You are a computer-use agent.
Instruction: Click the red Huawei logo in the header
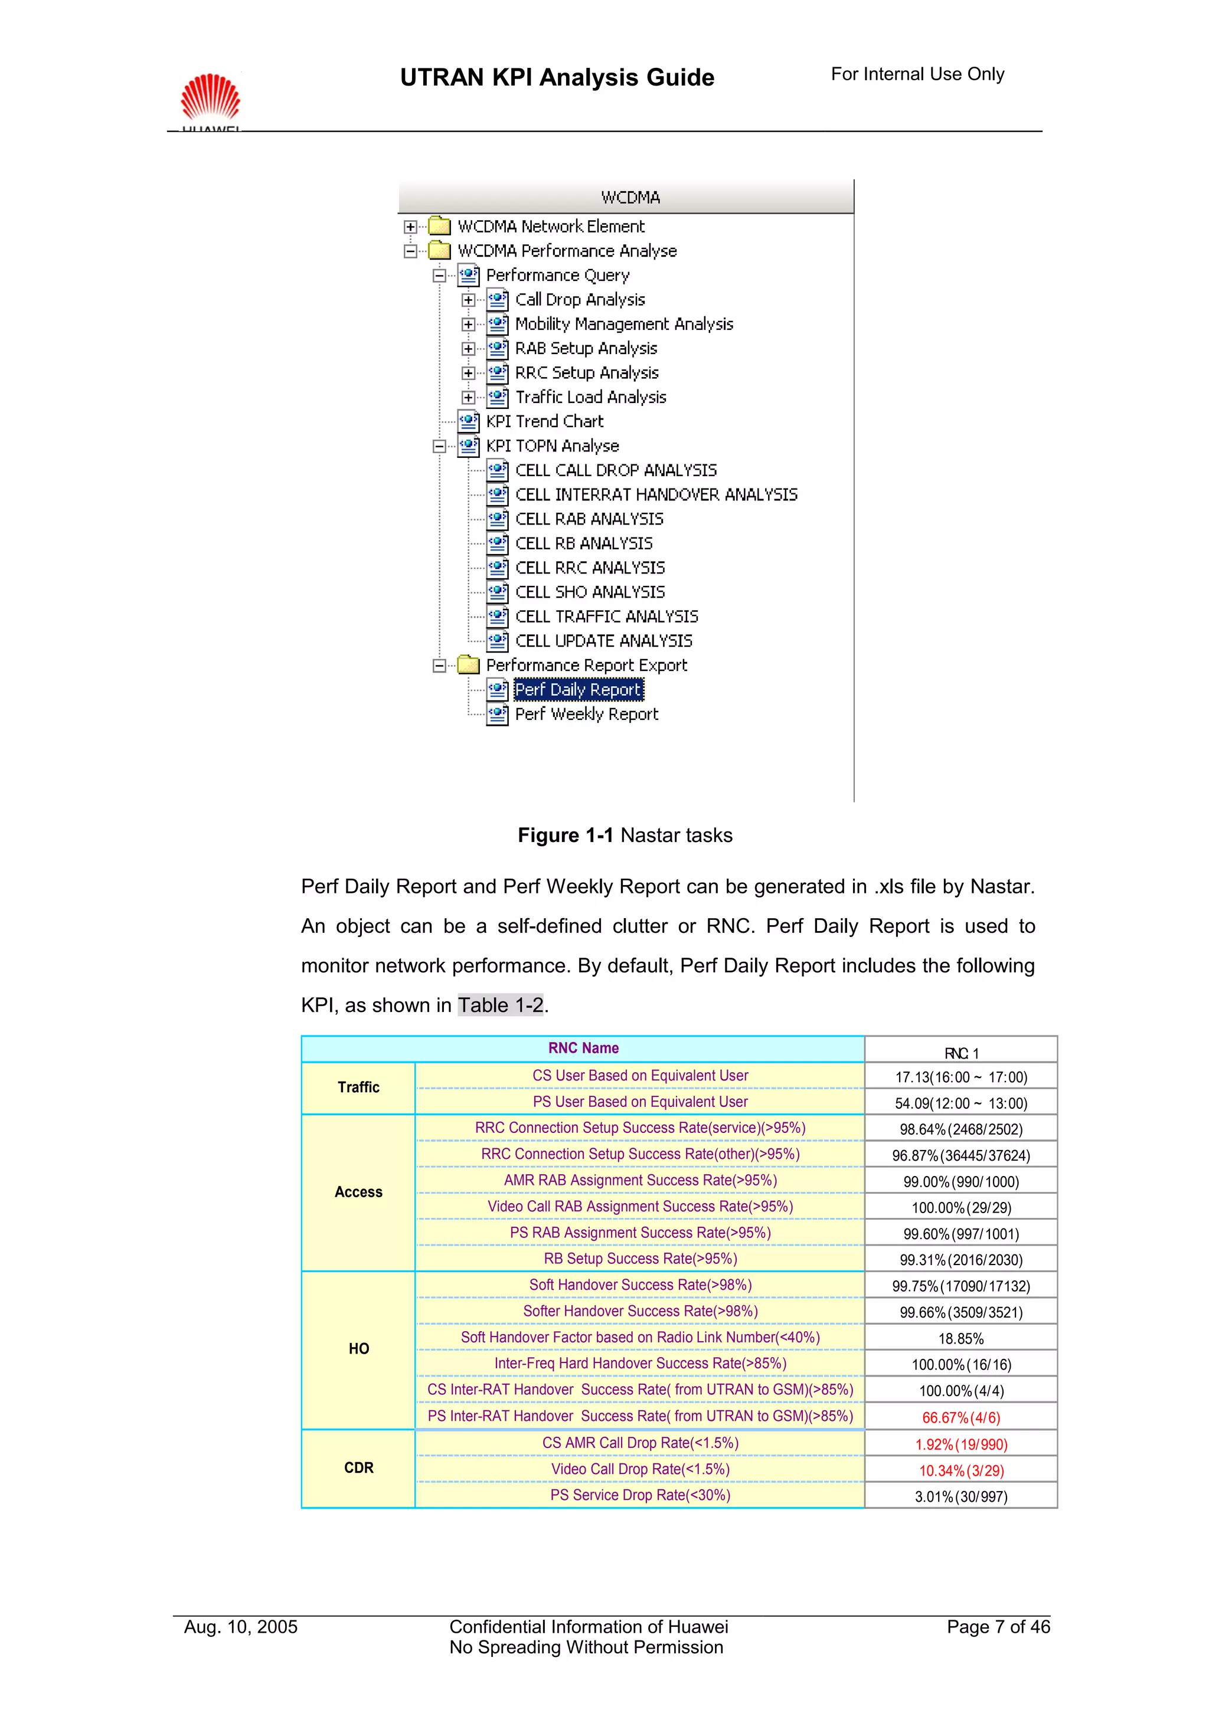[210, 97]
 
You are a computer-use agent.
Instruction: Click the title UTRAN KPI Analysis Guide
[557, 77]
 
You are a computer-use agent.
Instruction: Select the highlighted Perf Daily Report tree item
[578, 690]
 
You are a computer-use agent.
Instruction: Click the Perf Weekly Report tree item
[586, 714]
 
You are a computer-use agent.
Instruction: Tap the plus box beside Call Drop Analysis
[468, 300]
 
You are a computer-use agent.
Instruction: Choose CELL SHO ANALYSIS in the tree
[589, 592]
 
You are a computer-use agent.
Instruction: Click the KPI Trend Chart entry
[544, 421]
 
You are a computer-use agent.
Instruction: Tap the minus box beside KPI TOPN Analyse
[439, 446]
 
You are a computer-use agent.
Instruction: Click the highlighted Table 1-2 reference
[501, 1005]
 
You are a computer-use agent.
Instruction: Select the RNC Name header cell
[583, 1049]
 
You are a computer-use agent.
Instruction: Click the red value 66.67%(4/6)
[961, 1418]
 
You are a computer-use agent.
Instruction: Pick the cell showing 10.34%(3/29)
[961, 1471]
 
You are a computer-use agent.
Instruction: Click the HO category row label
[358, 1349]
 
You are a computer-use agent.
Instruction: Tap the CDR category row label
[358, 1468]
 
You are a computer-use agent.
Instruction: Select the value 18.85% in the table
[961, 1339]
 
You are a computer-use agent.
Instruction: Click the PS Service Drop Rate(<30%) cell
[640, 1495]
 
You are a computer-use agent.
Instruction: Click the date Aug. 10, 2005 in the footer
[241, 1627]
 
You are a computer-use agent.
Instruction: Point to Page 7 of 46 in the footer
[998, 1627]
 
